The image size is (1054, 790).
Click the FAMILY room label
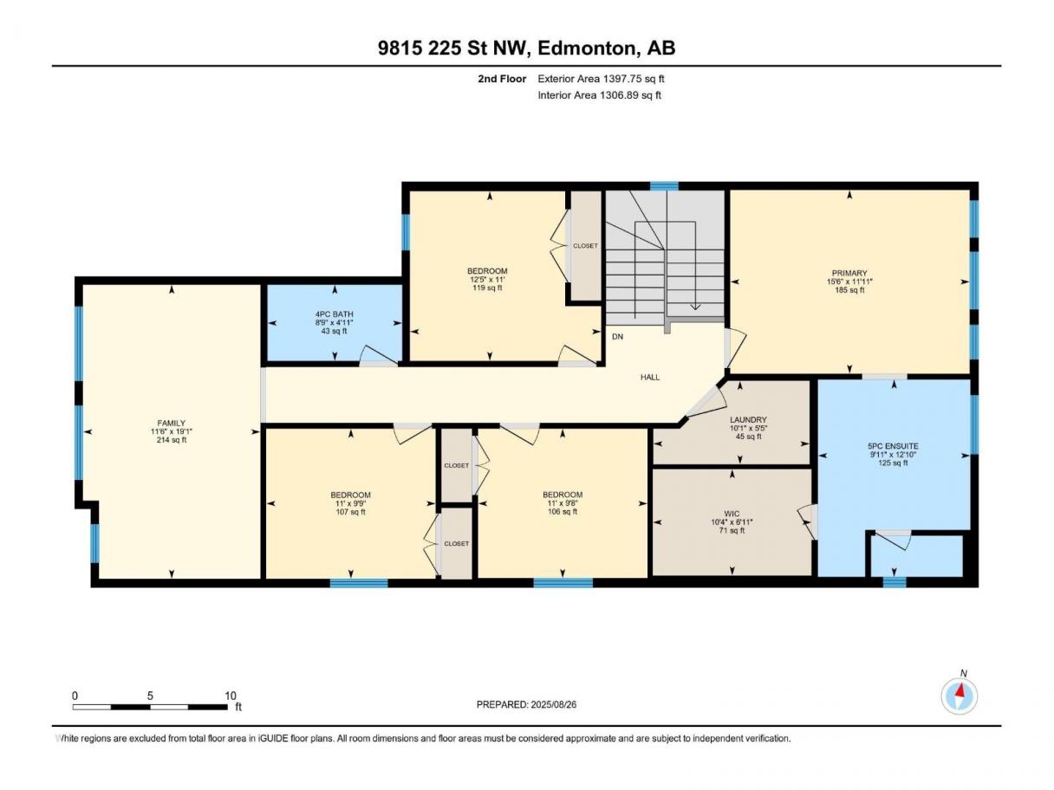[x=171, y=423]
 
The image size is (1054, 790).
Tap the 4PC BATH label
[x=335, y=314]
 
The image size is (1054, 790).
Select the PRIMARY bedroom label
[x=849, y=274]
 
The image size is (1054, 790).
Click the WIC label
[x=732, y=514]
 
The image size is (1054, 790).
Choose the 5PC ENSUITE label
[x=893, y=446]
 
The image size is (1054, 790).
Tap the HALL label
[x=650, y=378]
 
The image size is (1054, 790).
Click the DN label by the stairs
[x=617, y=337]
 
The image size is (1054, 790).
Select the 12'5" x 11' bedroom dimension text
[x=487, y=279]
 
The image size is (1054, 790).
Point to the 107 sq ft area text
[x=350, y=512]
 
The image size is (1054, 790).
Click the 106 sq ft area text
[x=563, y=512]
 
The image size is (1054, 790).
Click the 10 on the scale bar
[x=231, y=696]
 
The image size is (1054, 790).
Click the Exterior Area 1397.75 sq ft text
[x=601, y=79]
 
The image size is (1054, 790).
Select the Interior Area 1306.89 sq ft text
[x=599, y=95]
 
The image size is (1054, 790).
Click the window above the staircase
[x=664, y=186]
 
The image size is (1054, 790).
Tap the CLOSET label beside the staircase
[x=585, y=246]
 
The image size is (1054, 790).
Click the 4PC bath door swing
[x=380, y=355]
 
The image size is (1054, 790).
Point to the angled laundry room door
[x=705, y=402]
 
